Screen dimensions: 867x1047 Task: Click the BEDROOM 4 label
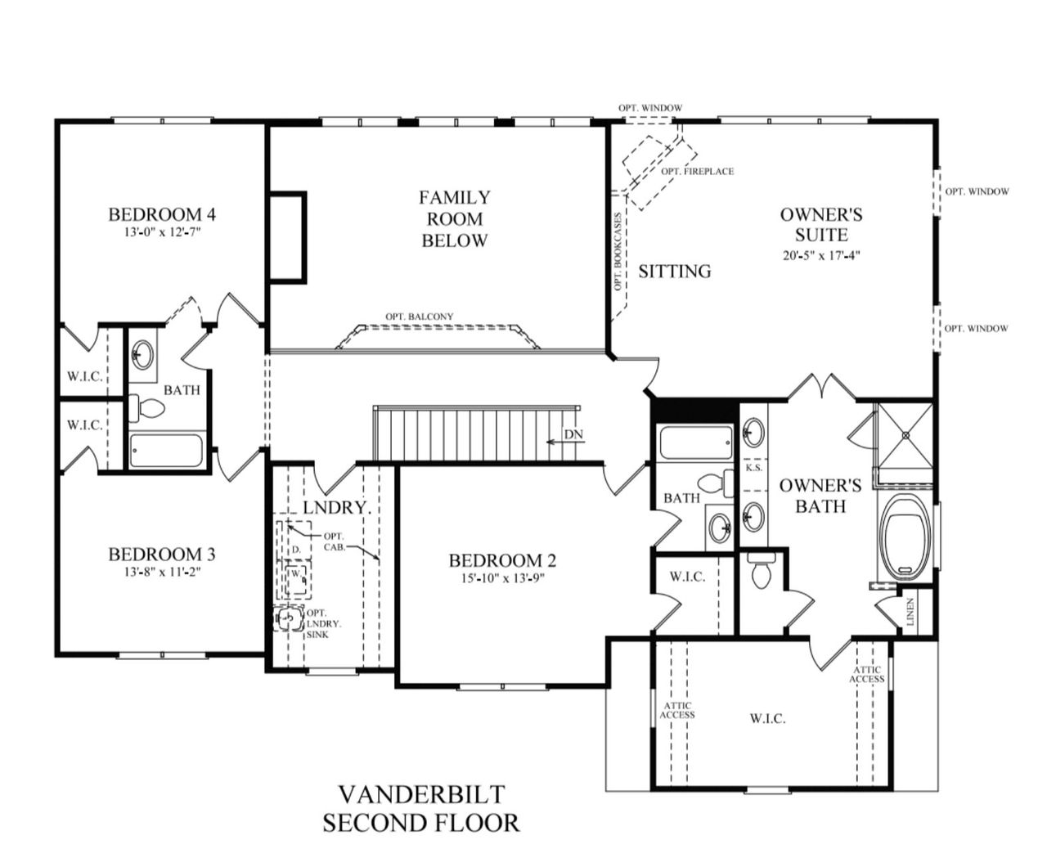click(162, 214)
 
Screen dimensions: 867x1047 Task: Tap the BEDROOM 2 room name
click(502, 560)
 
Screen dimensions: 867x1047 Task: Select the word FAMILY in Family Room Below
click(455, 197)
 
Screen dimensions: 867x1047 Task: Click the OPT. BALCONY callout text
click(419, 317)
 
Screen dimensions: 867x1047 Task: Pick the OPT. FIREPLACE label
click(697, 171)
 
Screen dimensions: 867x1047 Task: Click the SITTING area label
click(674, 271)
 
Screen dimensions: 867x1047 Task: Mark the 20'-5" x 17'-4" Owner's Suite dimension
click(821, 254)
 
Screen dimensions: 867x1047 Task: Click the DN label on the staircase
click(573, 434)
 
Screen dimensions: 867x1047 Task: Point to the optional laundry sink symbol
click(288, 620)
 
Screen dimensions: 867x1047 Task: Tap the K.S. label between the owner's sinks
click(753, 468)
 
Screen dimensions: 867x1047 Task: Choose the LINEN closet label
click(910, 612)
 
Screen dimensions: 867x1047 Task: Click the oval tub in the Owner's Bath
click(905, 532)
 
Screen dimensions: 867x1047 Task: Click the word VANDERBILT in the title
click(421, 793)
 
